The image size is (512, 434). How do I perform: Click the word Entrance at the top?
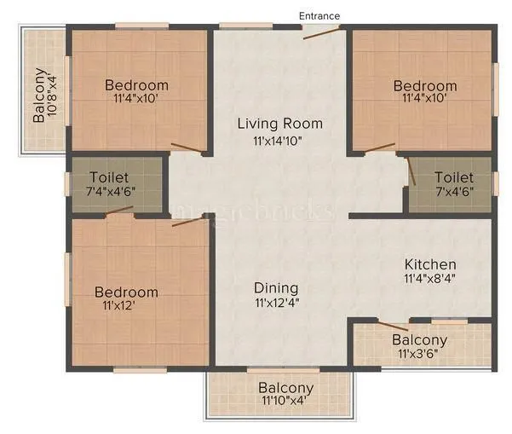point(319,15)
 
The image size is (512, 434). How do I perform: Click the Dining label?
point(276,287)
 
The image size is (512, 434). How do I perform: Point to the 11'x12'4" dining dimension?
point(276,302)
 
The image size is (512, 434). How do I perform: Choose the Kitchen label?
point(429,264)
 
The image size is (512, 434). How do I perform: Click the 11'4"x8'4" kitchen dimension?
point(429,279)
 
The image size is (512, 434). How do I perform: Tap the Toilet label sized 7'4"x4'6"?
point(110,177)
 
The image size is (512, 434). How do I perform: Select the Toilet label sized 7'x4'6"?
point(455,176)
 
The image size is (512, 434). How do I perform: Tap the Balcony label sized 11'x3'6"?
point(419,340)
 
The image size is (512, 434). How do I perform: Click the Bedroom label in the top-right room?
point(425,85)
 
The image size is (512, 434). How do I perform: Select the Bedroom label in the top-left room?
point(136,85)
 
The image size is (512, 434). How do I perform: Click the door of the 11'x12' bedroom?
point(190,221)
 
